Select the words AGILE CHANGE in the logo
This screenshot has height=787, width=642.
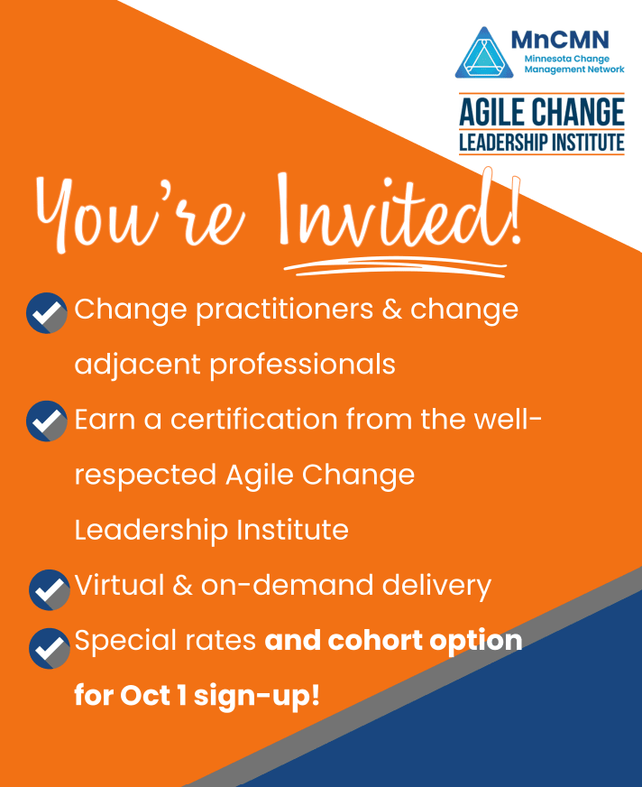click(541, 112)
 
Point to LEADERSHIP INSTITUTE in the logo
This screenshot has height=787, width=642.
click(541, 142)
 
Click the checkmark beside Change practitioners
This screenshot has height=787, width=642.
click(47, 312)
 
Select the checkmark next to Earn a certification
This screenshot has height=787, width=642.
click(47, 421)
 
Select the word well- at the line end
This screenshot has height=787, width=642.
click(501, 420)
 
